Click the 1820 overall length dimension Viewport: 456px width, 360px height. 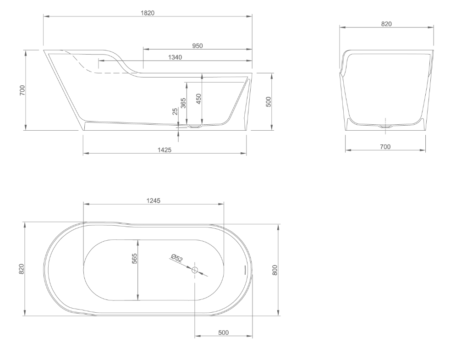[x=148, y=12]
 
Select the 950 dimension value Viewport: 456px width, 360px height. [x=198, y=45]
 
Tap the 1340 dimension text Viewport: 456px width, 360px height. [x=175, y=57]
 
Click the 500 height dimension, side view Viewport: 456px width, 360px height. [x=269, y=101]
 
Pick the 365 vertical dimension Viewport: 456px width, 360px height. [x=183, y=103]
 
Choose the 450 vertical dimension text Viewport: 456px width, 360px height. [x=198, y=99]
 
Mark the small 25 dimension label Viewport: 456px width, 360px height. [x=175, y=112]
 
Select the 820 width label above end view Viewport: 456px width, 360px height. [x=386, y=24]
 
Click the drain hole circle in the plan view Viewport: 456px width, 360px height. [x=195, y=270]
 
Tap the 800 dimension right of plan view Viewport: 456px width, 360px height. [x=275, y=270]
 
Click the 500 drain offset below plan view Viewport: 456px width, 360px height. [x=223, y=332]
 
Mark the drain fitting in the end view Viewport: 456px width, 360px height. [x=385, y=125]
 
